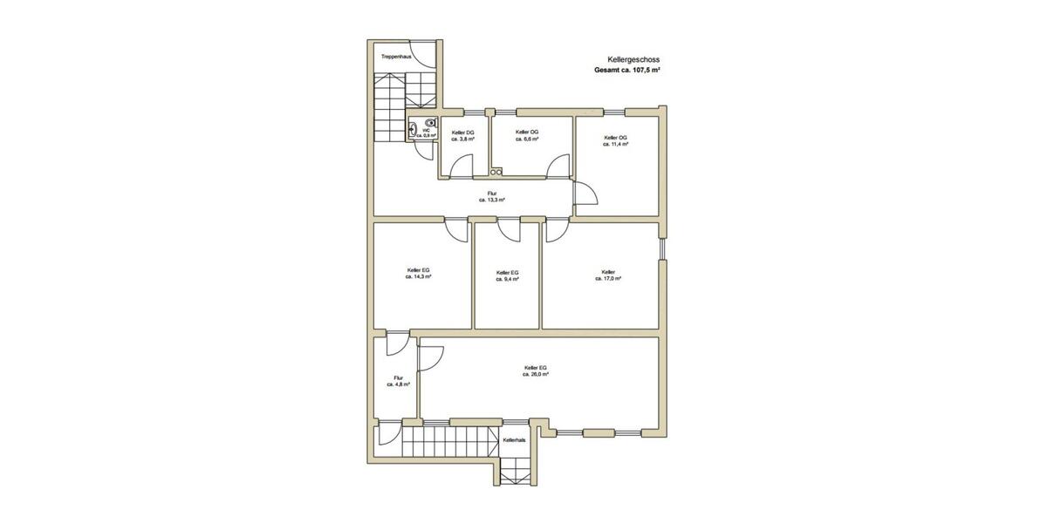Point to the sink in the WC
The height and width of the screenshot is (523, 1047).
click(x=412, y=129)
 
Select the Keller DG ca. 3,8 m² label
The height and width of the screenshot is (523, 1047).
click(x=462, y=135)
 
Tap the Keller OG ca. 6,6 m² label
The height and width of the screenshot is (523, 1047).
click(x=527, y=135)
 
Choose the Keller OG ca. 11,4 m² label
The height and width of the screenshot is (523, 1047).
click(x=616, y=141)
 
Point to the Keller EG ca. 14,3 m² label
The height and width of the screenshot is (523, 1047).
click(x=419, y=274)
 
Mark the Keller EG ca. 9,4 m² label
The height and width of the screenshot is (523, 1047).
click(x=507, y=275)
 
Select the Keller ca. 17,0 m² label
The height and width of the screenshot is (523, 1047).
click(x=608, y=275)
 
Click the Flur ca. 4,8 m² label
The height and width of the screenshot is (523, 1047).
click(x=398, y=381)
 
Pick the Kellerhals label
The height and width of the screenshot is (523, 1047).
click(x=515, y=441)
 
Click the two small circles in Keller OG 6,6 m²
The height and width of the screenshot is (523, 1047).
click(x=496, y=172)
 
